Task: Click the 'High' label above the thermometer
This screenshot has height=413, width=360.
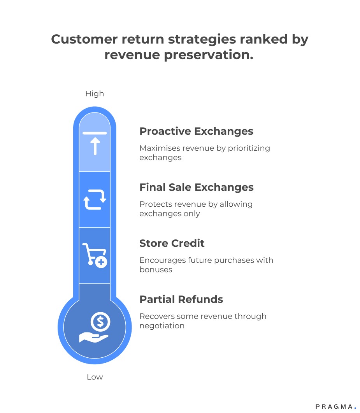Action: (95, 94)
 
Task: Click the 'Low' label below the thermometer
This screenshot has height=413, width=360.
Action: (95, 377)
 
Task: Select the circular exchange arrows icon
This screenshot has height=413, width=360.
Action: (95, 199)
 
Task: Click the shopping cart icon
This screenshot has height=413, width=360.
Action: (94, 254)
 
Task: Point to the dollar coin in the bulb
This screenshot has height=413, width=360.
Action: (100, 322)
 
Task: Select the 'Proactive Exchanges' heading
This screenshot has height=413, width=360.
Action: (196, 131)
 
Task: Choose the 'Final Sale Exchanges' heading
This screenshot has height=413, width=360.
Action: (196, 187)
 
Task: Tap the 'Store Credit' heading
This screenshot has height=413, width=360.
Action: (172, 243)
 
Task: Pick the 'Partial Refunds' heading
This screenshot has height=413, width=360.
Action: (181, 299)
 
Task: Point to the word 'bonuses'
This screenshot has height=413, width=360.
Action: (156, 269)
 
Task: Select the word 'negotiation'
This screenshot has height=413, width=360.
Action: (162, 325)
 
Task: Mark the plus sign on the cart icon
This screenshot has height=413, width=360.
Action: (101, 263)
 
